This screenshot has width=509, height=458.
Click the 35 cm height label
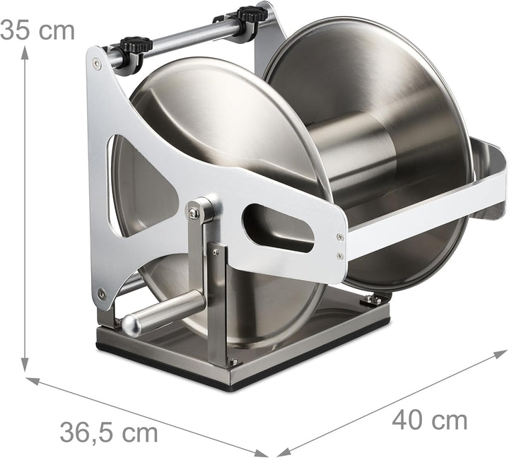pos(37,30)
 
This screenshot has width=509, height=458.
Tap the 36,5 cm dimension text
pos(109,432)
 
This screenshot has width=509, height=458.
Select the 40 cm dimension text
pos(430,421)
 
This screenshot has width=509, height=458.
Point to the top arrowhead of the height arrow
pos(25,52)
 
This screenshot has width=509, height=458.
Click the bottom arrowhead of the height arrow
pos(25,365)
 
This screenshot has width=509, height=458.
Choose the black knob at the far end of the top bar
pos(252,14)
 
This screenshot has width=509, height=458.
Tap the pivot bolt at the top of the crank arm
pos(194,213)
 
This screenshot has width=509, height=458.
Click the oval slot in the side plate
pos(279,228)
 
